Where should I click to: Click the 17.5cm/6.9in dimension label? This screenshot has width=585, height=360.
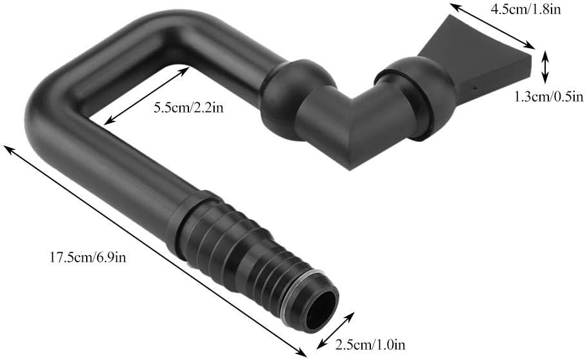(x=91, y=258)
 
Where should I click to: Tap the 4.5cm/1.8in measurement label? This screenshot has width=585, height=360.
(x=535, y=11)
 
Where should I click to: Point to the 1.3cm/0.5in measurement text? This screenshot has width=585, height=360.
(x=548, y=97)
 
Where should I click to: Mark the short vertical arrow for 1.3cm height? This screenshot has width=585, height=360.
(x=545, y=67)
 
